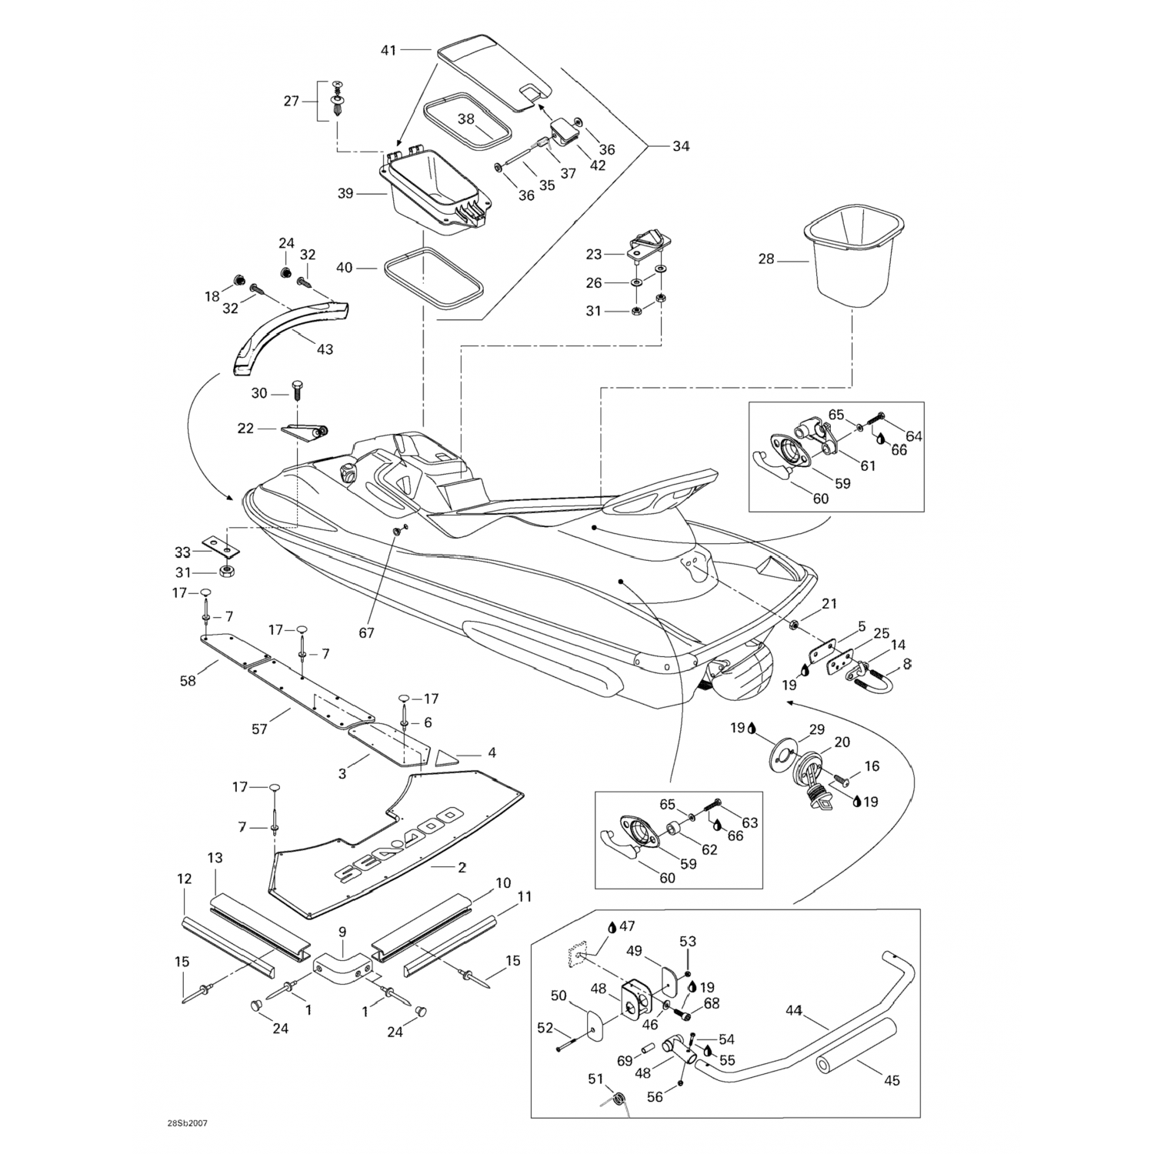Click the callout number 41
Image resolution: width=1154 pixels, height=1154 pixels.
point(389,51)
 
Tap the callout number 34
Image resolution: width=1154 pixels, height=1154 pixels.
point(681,146)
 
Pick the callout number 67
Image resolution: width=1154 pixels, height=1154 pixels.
point(366,632)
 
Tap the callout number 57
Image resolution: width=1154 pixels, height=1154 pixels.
point(259,729)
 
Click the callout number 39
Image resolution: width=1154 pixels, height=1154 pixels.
point(345,193)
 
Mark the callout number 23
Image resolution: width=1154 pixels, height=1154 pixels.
point(593,253)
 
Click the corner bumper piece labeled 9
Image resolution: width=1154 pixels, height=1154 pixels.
point(339,970)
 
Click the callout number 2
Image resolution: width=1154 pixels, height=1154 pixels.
point(462,867)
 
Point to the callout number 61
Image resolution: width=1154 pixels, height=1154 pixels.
point(867,465)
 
